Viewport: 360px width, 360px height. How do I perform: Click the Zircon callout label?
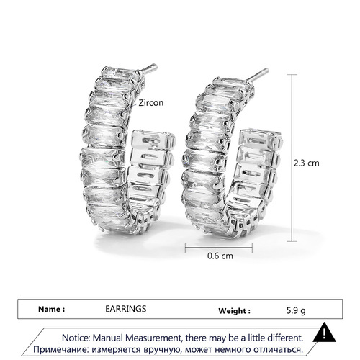[x=151, y=103]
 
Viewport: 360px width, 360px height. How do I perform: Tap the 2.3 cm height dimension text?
[x=307, y=163]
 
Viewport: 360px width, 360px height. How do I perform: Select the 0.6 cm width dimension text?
[x=220, y=256]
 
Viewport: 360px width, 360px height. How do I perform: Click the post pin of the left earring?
[x=148, y=68]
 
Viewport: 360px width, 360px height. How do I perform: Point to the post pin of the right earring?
[x=258, y=74]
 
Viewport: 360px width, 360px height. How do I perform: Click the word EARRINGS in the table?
[x=126, y=309]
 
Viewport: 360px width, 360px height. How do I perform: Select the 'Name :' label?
[x=51, y=309]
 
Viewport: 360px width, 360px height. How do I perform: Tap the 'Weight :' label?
[x=234, y=311]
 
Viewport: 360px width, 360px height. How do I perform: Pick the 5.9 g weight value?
[x=296, y=311]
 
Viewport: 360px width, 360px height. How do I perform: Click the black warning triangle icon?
[x=324, y=333]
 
